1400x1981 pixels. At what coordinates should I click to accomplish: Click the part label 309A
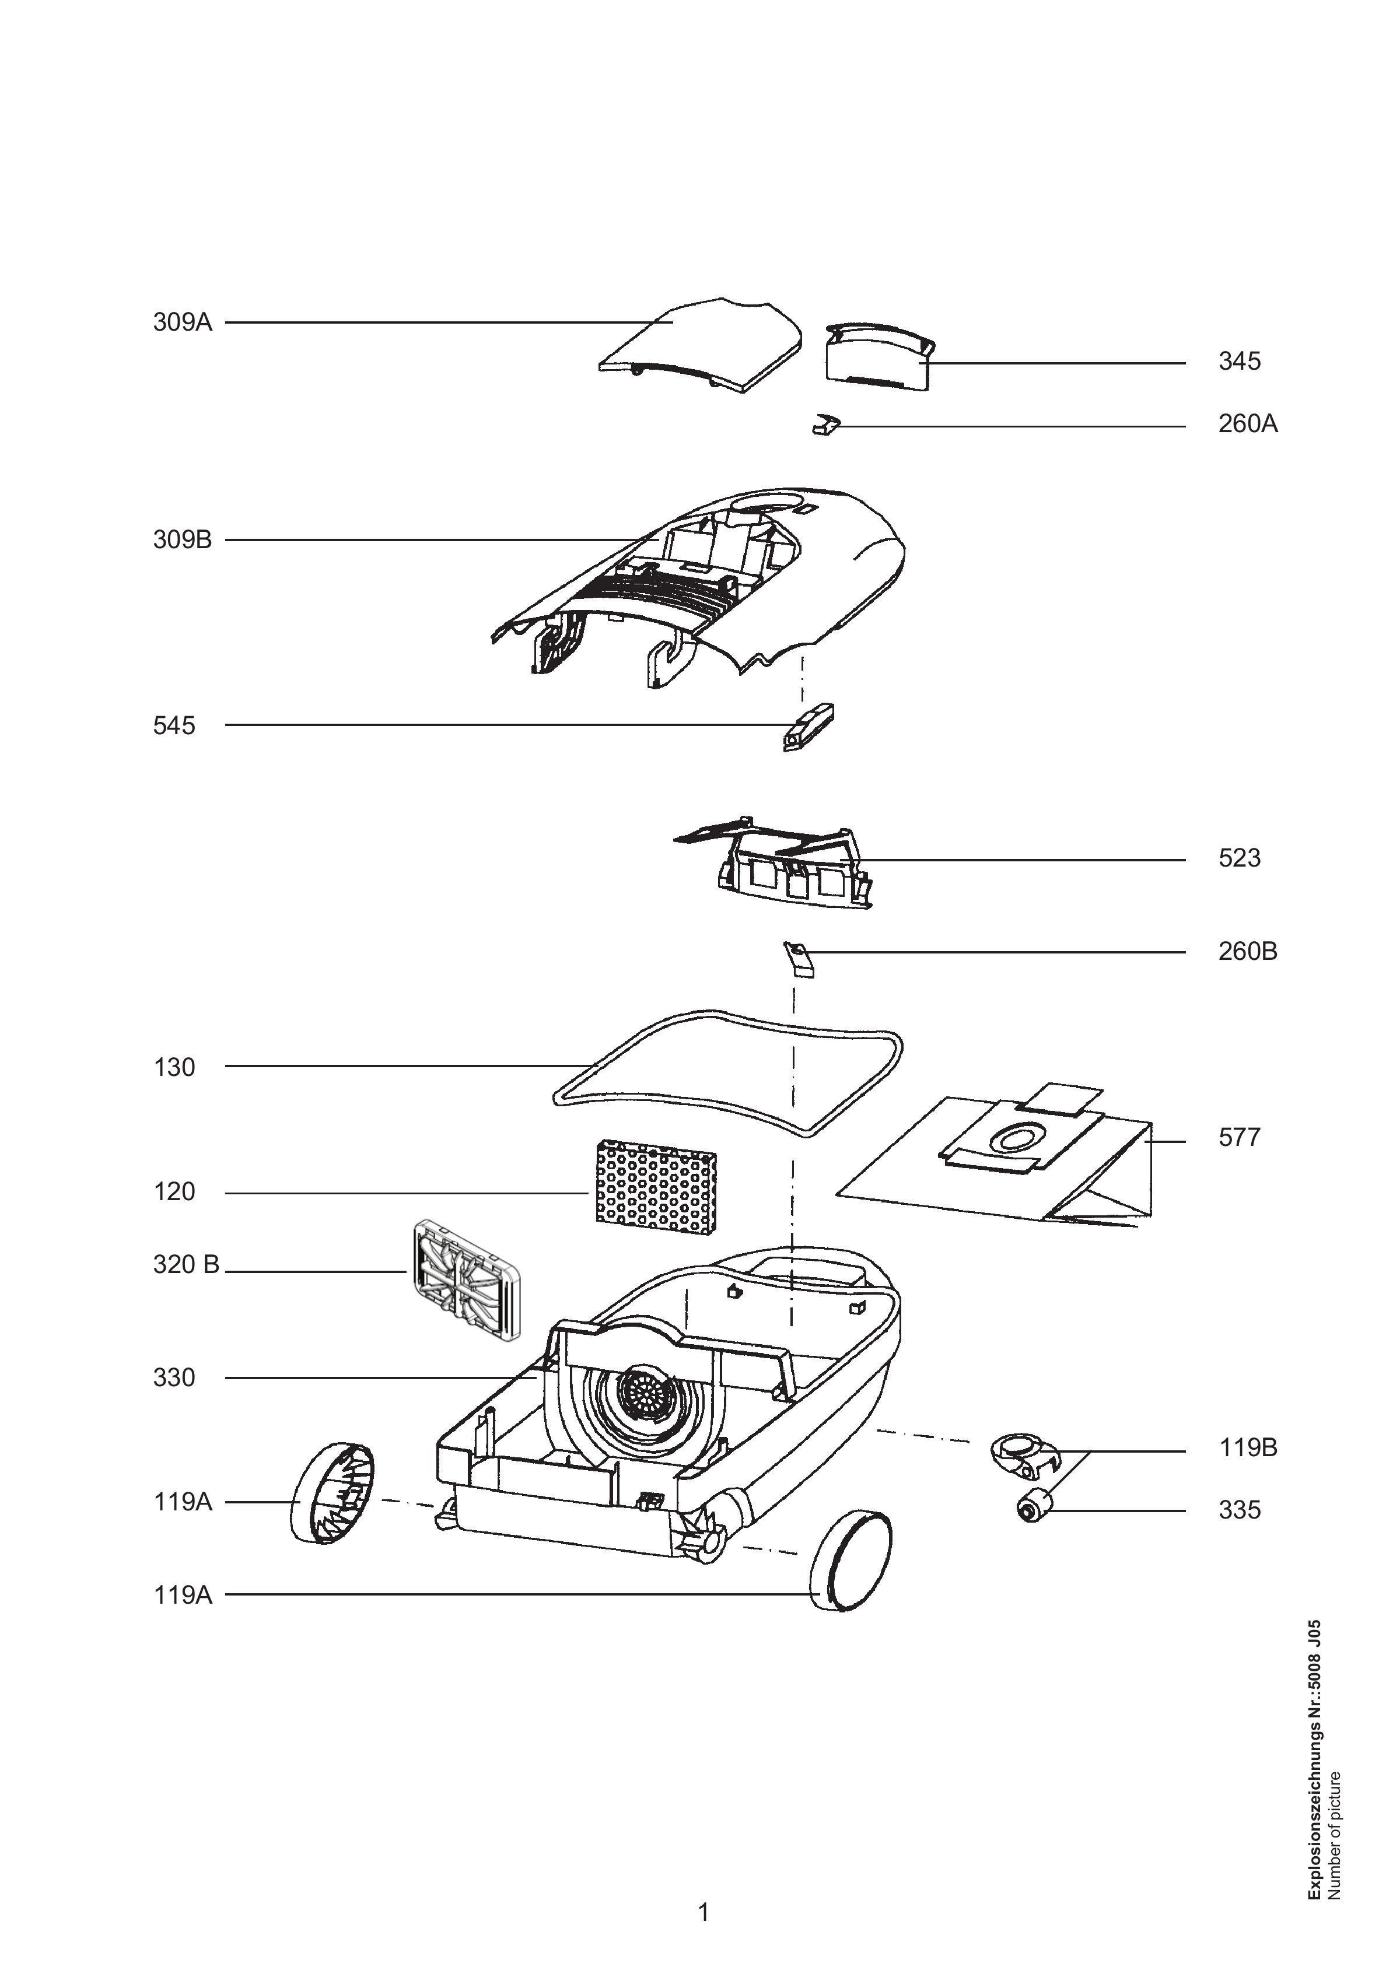click(182, 322)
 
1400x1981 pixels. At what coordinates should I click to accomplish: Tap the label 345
click(1240, 362)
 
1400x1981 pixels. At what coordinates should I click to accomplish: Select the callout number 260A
click(1248, 425)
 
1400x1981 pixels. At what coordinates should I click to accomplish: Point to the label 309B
click(182, 541)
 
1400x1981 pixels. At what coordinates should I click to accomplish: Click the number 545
click(174, 725)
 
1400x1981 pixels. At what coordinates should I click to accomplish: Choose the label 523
click(1240, 858)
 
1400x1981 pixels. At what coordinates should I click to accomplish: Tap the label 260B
click(1248, 952)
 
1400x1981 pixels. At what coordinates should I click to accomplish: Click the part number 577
click(1240, 1137)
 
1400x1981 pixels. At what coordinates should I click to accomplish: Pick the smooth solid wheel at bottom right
click(850, 1562)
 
